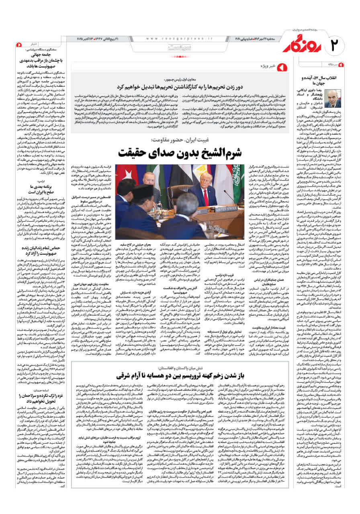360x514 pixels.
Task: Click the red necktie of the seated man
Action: pos(206,196)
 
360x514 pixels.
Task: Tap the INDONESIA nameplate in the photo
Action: pos(141,233)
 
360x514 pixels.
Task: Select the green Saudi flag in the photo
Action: pos(237,177)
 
